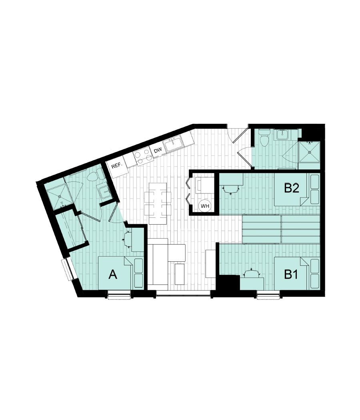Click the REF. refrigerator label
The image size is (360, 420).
click(x=116, y=164)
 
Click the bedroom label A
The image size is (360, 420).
click(x=113, y=275)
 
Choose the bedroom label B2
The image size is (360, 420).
click(x=292, y=188)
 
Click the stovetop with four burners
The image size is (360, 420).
click(x=143, y=156)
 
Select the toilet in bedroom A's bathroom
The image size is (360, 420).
click(x=91, y=174)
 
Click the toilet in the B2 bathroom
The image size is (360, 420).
click(x=264, y=140)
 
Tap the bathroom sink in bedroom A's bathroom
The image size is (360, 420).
click(x=104, y=192)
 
